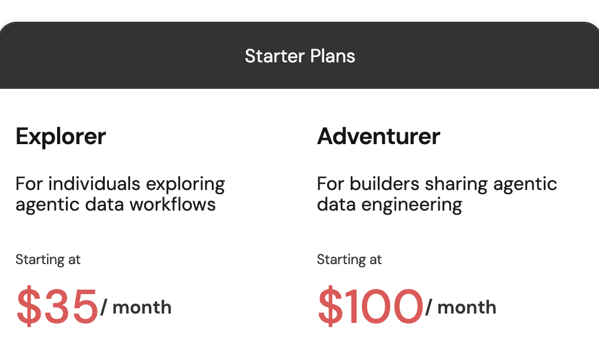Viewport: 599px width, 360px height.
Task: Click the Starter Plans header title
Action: (x=299, y=56)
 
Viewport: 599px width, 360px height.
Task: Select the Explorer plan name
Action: (x=61, y=136)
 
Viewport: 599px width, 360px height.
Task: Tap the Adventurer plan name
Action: (x=378, y=136)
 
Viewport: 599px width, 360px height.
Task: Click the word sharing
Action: (x=454, y=184)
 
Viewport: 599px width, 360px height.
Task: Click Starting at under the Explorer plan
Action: (x=48, y=259)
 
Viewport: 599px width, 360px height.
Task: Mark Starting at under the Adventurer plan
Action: (x=349, y=259)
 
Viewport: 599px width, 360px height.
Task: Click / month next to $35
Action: (x=136, y=307)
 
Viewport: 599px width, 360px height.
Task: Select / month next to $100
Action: (x=461, y=307)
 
